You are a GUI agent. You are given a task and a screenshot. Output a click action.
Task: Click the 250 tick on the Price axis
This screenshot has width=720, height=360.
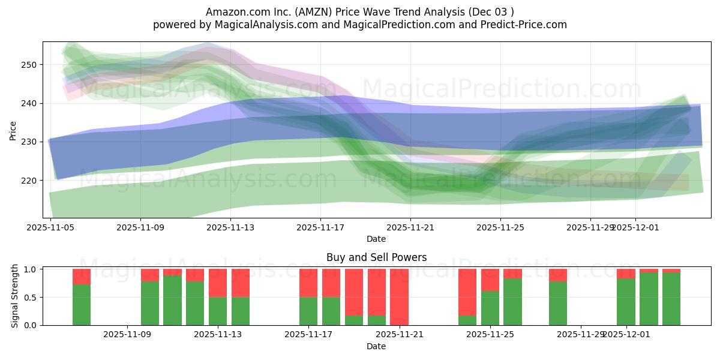point(29,65)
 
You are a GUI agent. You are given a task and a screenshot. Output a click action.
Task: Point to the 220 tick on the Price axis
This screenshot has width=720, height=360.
point(29,181)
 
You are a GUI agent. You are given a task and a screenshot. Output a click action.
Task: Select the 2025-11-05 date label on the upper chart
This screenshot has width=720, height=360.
point(50,227)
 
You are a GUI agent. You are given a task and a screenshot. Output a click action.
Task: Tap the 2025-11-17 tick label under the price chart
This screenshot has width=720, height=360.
point(320,227)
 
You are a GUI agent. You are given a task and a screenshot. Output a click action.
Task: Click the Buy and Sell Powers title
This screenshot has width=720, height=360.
point(376,257)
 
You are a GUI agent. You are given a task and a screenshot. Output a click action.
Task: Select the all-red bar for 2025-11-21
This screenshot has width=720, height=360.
point(399,297)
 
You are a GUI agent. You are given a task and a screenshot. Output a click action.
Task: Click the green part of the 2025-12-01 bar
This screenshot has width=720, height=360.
point(626,302)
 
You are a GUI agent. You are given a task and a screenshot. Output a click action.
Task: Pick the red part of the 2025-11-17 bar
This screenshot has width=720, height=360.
point(308,283)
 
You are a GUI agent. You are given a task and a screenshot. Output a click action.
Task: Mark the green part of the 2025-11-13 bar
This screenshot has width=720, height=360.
point(218,311)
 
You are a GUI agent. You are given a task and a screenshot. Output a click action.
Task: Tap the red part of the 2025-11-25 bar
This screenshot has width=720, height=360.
point(490,280)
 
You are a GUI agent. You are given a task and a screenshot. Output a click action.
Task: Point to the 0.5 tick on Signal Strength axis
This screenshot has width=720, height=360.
point(33,297)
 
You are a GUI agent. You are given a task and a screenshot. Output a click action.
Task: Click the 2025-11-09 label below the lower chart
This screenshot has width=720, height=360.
point(127,335)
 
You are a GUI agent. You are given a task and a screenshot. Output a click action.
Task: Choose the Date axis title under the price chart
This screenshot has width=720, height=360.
point(376,239)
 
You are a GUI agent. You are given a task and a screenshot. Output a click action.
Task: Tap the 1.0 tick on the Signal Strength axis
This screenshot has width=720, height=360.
point(33,269)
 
